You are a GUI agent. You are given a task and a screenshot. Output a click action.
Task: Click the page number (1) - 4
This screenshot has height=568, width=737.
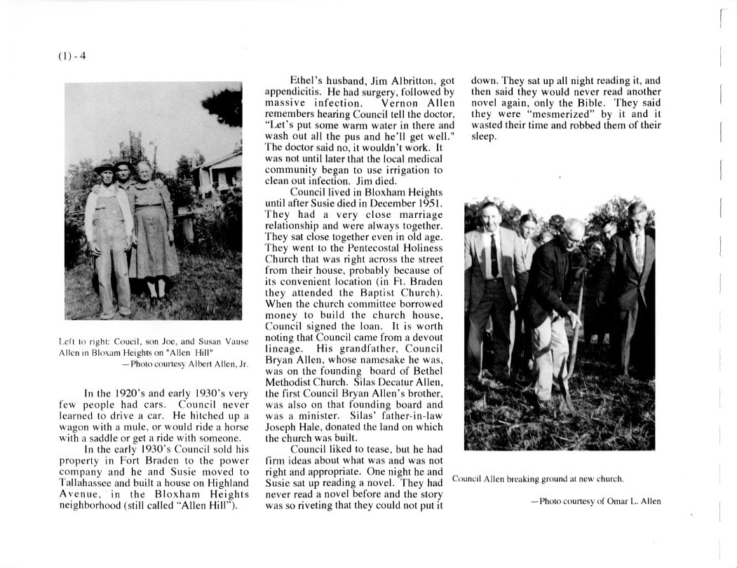point(72,57)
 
